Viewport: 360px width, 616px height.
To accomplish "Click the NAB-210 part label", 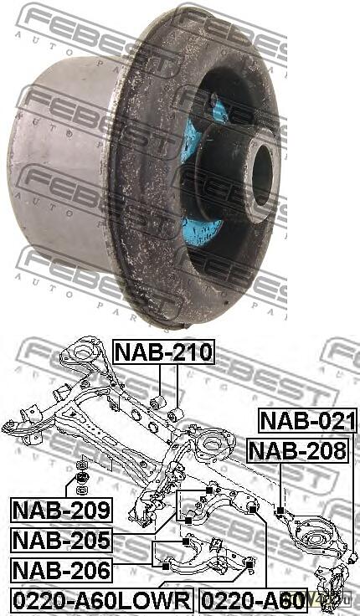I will [x=164, y=352].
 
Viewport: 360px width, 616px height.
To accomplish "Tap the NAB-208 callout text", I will [x=297, y=452].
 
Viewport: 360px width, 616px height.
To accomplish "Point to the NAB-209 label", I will [x=60, y=509].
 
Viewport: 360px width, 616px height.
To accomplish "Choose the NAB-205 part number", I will [x=60, y=540].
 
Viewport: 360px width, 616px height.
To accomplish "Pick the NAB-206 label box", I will [x=60, y=571].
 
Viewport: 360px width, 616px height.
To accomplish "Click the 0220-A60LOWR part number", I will [x=100, y=600].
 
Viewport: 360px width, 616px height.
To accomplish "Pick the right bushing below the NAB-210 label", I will [x=176, y=415].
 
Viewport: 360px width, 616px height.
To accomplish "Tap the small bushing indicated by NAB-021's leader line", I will [x=354, y=556].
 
